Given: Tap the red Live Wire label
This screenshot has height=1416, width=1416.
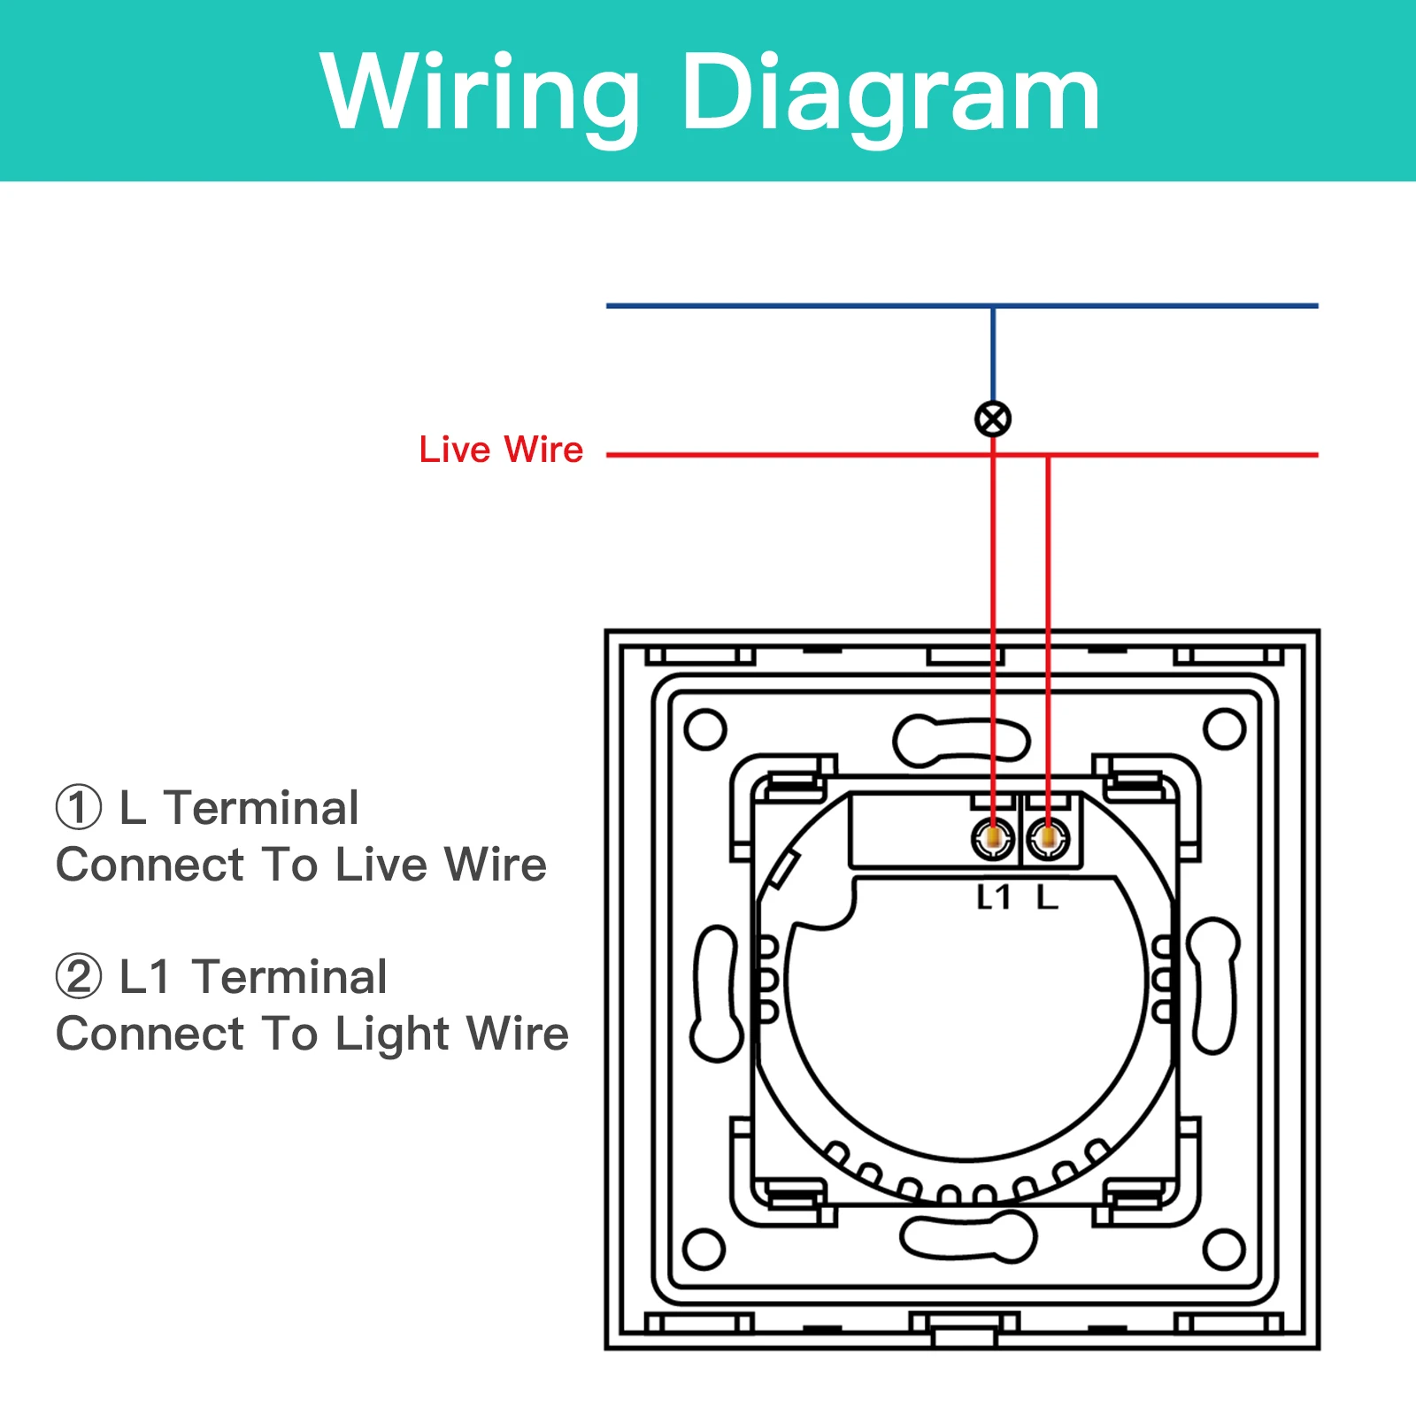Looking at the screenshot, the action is pyautogui.click(x=501, y=450).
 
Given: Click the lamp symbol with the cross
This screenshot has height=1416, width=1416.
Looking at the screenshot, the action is pyautogui.click(x=993, y=419).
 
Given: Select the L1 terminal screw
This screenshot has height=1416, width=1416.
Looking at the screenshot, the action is pyautogui.click(x=993, y=837).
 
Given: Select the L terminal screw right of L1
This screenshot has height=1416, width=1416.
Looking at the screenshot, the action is pyautogui.click(x=1048, y=837).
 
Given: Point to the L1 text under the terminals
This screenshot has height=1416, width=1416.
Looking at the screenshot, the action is pyautogui.click(x=993, y=897).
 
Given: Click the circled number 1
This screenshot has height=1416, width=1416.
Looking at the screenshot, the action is pyautogui.click(x=79, y=808).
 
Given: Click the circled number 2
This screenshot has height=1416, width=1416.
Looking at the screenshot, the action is pyautogui.click(x=79, y=976).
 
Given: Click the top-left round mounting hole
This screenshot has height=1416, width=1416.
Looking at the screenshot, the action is pyautogui.click(x=705, y=729).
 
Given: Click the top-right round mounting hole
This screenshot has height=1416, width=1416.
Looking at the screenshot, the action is pyautogui.click(x=1225, y=729).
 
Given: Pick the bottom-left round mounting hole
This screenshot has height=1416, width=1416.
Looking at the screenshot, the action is pyautogui.click(x=705, y=1249).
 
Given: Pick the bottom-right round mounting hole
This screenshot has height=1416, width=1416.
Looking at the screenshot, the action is pyautogui.click(x=1225, y=1249).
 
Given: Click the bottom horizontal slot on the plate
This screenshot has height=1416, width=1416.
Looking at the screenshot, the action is pyautogui.click(x=968, y=1235).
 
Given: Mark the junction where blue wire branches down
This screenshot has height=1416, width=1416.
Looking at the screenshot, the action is pyautogui.click(x=993, y=306).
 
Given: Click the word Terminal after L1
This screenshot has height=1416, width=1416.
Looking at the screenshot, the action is pyautogui.click(x=290, y=977).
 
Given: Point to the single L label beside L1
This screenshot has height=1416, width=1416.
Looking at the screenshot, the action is pyautogui.click(x=1048, y=897).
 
